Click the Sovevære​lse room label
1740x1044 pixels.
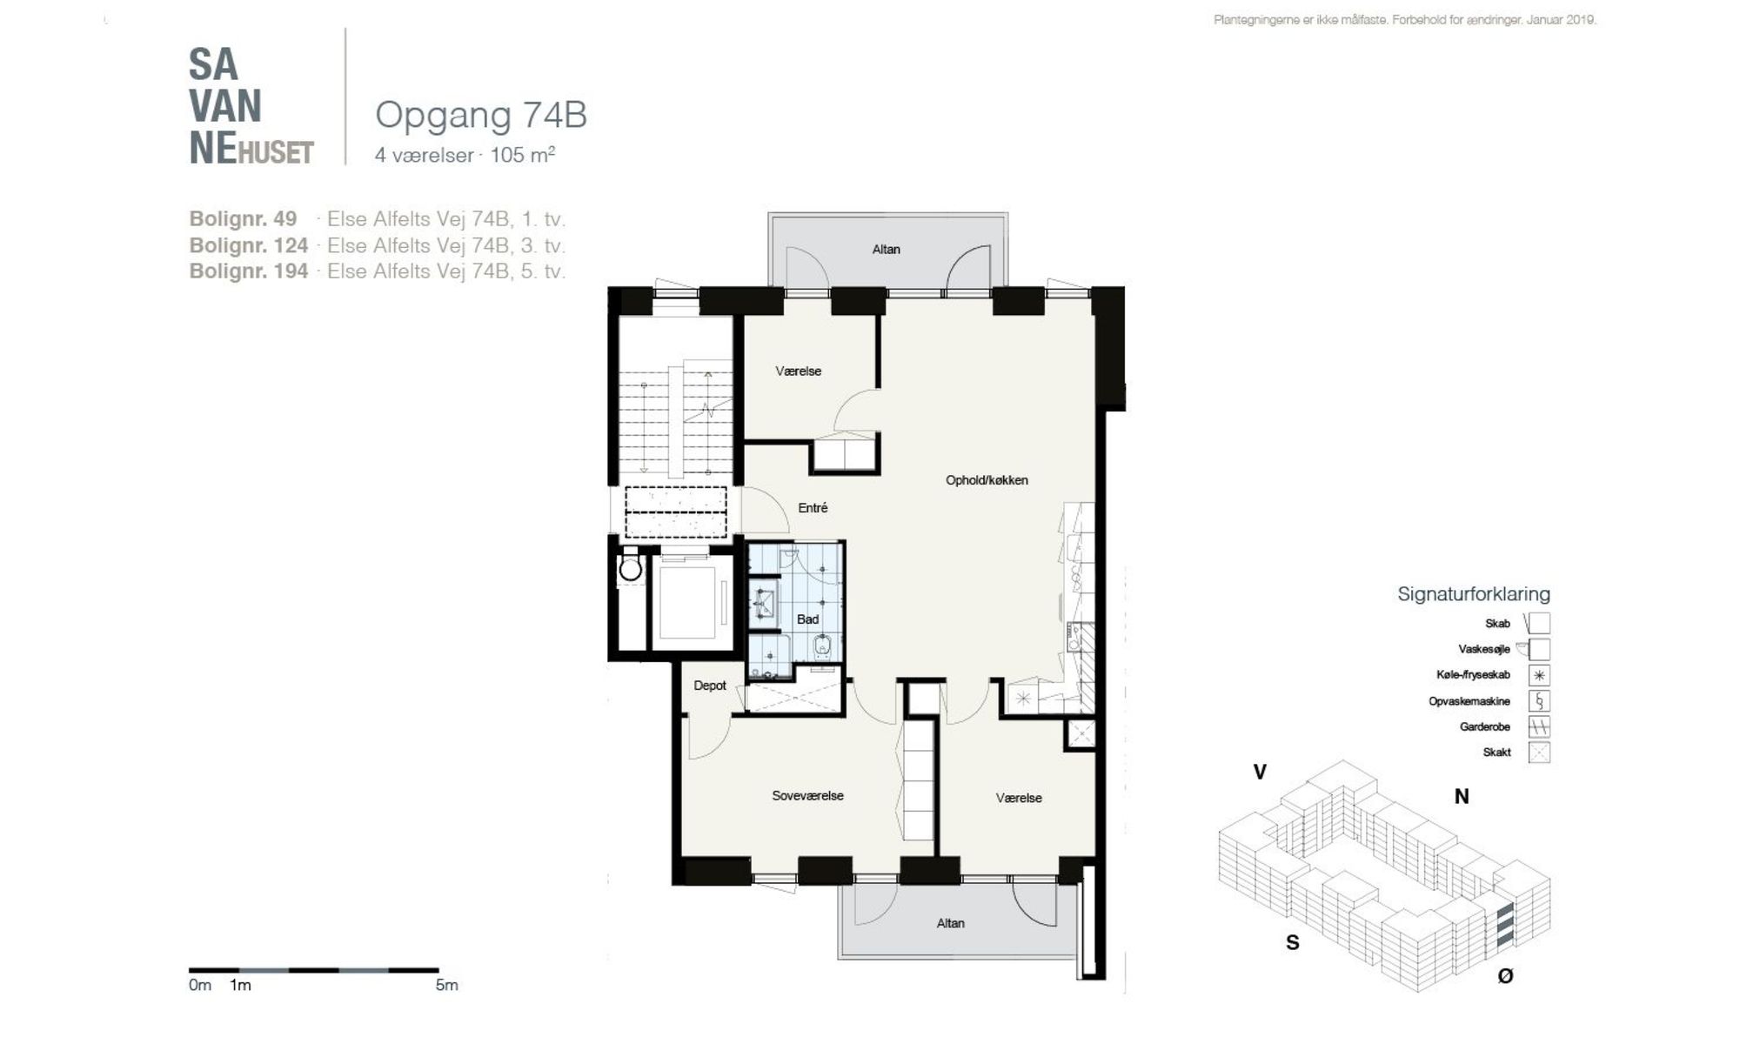(x=807, y=795)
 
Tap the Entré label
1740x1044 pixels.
(x=813, y=507)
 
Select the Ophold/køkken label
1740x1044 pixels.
(x=987, y=480)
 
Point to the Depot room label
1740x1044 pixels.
(x=710, y=686)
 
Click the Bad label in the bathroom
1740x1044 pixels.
(x=807, y=619)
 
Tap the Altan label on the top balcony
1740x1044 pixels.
(x=886, y=250)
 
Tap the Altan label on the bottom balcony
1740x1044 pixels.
(x=950, y=923)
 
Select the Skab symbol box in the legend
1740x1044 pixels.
(x=1539, y=623)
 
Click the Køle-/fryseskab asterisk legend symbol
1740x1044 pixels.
(x=1539, y=675)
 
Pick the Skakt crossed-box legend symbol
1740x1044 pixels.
(x=1539, y=753)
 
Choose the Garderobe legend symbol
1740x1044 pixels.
(x=1539, y=726)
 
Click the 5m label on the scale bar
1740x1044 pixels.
(x=446, y=985)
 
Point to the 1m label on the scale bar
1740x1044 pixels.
(x=240, y=985)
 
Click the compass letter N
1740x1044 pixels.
(x=1462, y=796)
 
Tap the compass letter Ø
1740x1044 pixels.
(x=1505, y=976)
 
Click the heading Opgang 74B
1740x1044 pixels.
(x=480, y=115)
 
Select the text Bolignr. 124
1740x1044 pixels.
(x=249, y=245)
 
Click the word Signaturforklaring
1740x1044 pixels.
(x=1474, y=594)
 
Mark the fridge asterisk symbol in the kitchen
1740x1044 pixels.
(x=1023, y=698)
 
